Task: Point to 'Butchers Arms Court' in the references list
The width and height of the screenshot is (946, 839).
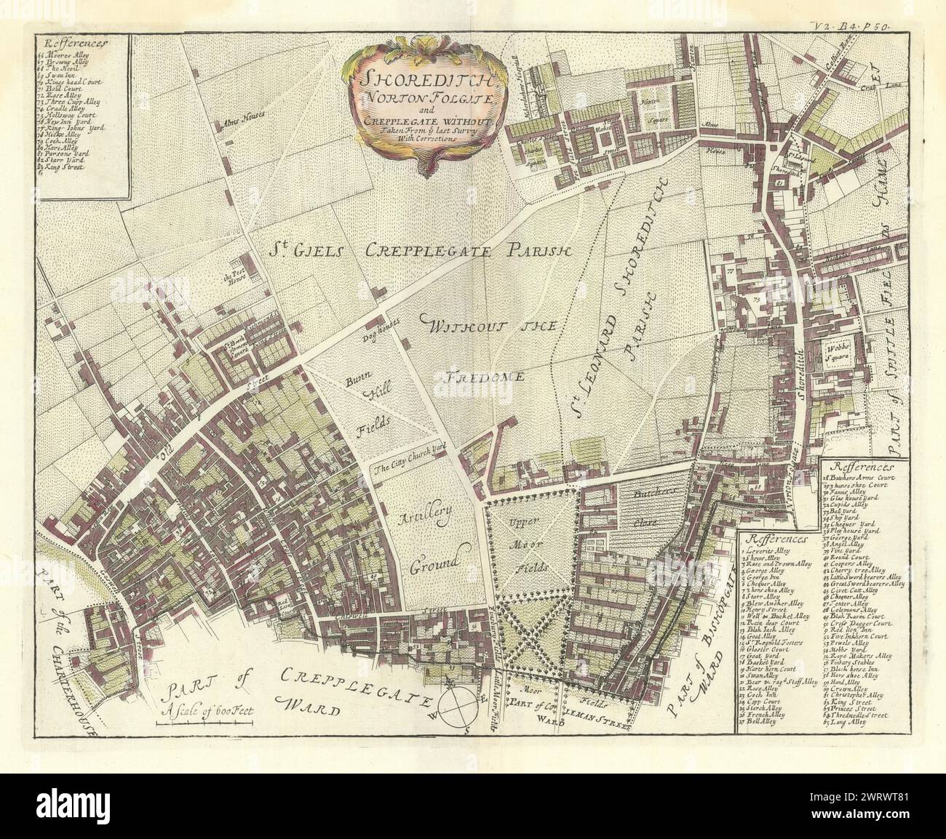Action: pos(866,478)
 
